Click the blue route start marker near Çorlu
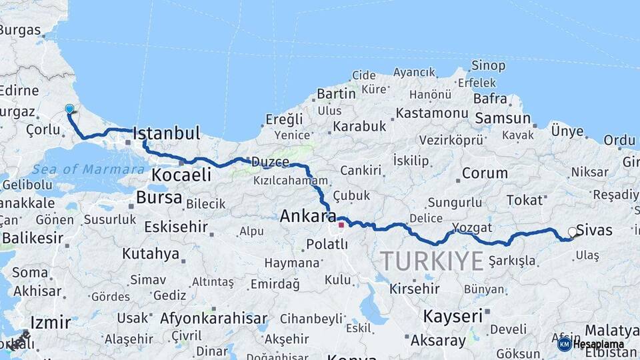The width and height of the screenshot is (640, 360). tap(69, 109)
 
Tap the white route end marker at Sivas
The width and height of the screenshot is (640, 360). tap(572, 233)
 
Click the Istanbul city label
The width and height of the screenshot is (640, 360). tap(167, 133)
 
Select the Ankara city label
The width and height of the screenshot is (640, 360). tap(308, 216)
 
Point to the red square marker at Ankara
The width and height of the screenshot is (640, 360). tap(341, 225)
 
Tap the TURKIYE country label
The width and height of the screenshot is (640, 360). tap(431, 260)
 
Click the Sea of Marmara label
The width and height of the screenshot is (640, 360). tap(88, 169)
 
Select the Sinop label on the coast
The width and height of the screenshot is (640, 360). tap(488, 65)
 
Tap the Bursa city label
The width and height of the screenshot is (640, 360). tap(159, 197)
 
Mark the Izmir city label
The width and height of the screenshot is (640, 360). tap(51, 323)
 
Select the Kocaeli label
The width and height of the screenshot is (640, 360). tap(181, 175)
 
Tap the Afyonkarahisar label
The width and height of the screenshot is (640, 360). tap(213, 318)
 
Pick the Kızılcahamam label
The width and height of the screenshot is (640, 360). tap(291, 181)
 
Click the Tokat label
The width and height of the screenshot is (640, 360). tap(525, 200)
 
